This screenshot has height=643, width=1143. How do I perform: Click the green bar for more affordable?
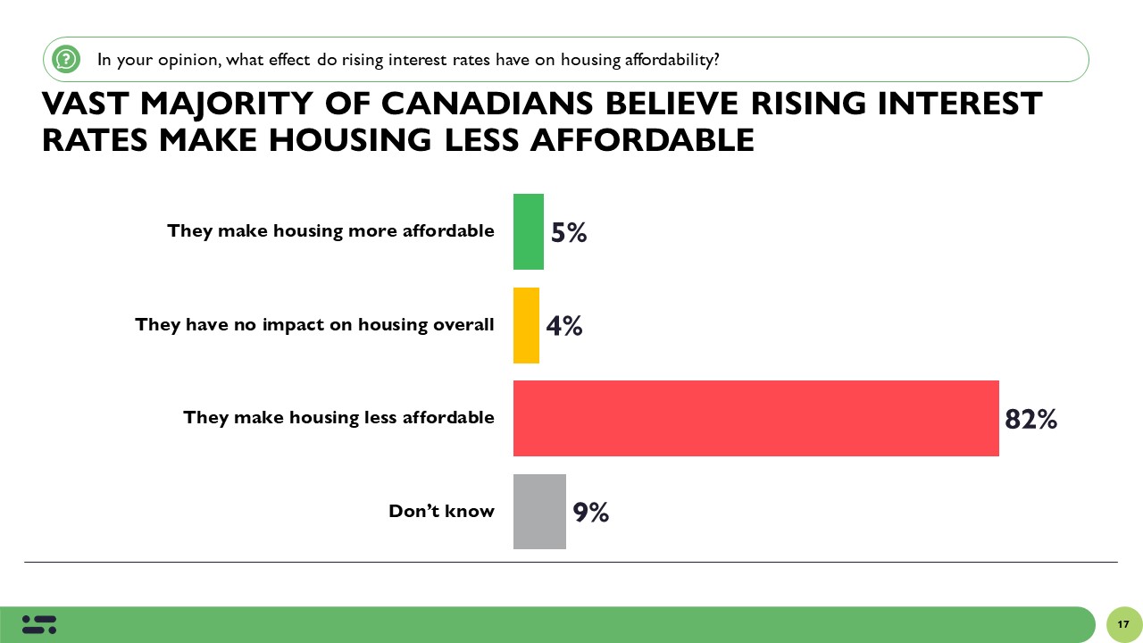click(x=528, y=231)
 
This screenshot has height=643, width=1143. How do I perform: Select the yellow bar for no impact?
click(x=526, y=325)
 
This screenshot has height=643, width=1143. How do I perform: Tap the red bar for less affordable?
click(x=755, y=418)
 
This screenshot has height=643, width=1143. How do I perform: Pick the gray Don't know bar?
click(x=539, y=512)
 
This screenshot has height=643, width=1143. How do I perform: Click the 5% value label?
click(x=569, y=233)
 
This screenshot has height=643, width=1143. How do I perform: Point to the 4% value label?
click(x=564, y=326)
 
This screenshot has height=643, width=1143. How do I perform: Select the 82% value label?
click(x=1030, y=419)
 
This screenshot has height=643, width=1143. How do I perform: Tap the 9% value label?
click(x=591, y=513)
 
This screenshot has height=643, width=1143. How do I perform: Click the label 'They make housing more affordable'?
click(x=330, y=230)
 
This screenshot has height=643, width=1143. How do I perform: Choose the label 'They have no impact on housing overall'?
click(x=314, y=324)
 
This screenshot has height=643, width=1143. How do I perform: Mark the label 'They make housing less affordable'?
click(x=338, y=417)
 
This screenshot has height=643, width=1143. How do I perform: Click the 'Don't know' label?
click(x=441, y=511)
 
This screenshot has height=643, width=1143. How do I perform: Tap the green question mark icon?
click(x=66, y=60)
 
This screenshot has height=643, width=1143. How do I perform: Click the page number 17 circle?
click(x=1123, y=624)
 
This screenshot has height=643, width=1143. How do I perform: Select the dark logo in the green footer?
click(x=39, y=624)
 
